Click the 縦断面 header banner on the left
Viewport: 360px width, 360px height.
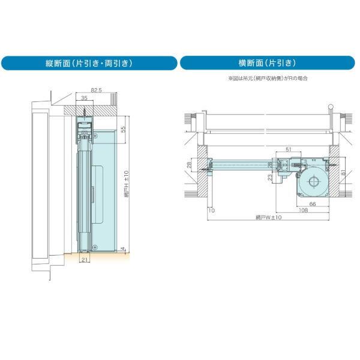point(89,63)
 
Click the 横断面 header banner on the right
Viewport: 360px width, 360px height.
point(269,63)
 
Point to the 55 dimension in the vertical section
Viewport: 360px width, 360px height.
point(124,130)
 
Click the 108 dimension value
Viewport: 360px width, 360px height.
point(304,211)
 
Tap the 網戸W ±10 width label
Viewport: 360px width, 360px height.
point(269,217)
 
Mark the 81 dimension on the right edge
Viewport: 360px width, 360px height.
point(342,174)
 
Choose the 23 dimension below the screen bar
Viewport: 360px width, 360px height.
point(271,177)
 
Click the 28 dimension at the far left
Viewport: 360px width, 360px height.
point(189,164)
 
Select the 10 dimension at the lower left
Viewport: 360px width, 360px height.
point(211,211)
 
